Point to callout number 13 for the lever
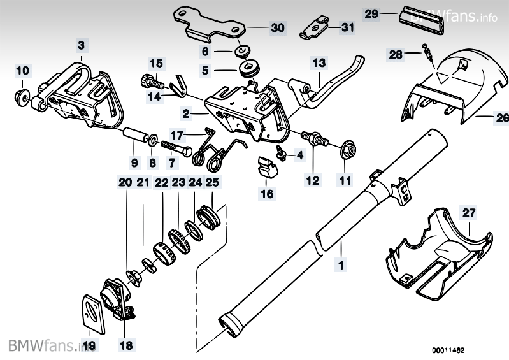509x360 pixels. (x=319, y=63)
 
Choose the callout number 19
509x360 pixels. (x=89, y=347)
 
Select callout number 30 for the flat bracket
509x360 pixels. (x=278, y=28)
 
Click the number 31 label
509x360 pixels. (x=346, y=27)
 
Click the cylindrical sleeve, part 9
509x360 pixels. (x=135, y=136)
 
